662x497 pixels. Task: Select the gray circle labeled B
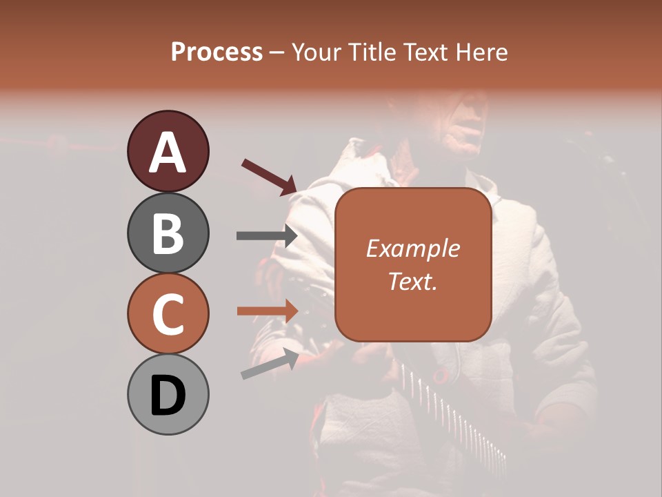(168, 233)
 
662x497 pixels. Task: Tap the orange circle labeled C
(168, 314)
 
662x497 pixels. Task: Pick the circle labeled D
(168, 396)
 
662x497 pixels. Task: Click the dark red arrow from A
(269, 175)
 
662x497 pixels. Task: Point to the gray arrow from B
(266, 235)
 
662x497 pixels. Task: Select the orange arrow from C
(266, 311)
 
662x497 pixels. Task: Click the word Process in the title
(217, 52)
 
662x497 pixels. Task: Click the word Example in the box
(412, 248)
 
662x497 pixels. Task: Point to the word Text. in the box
(412, 281)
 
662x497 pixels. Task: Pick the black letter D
(168, 397)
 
